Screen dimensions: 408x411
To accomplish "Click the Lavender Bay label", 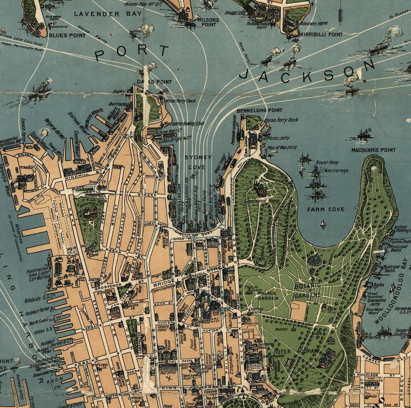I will pyautogui.click(x=108, y=14).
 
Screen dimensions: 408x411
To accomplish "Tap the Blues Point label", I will pyautogui.click(x=67, y=35).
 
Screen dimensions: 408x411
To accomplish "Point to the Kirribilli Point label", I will pyautogui.click(x=321, y=35).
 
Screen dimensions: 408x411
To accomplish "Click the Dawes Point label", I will pyautogui.click(x=154, y=82).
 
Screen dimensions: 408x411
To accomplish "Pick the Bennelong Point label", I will pyautogui.click(x=259, y=110).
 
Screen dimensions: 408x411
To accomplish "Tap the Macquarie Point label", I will pyautogui.click(x=373, y=150).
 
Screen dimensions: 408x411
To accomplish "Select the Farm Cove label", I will pyautogui.click(x=326, y=209).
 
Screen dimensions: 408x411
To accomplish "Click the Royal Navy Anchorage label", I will pyautogui.click(x=332, y=167).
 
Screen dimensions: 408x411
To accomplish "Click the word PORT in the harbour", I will pyautogui.click(x=132, y=53).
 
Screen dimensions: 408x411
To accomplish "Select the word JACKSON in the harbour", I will pyautogui.click(x=307, y=72).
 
